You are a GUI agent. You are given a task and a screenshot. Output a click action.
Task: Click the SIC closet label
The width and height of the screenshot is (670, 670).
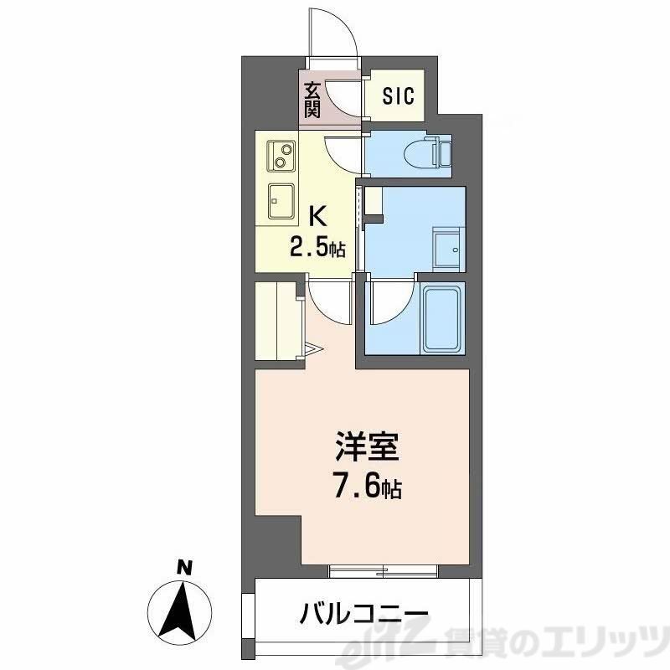point(399,96)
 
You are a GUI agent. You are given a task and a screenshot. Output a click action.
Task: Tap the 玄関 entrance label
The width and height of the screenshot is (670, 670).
point(311,99)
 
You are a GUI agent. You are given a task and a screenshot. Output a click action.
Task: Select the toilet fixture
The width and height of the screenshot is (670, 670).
point(430,152)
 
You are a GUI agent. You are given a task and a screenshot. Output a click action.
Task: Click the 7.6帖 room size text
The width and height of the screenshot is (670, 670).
point(369,487)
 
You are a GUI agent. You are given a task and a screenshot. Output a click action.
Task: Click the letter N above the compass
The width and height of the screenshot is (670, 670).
point(180,569)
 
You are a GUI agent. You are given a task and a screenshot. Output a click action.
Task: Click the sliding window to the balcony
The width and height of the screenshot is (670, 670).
point(384,571)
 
